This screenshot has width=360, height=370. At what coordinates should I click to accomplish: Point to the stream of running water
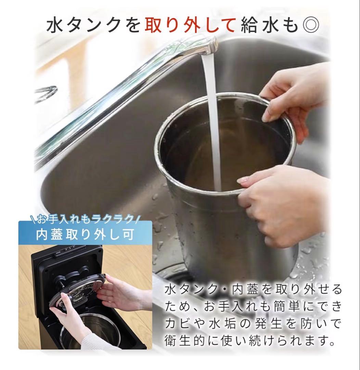[213, 120]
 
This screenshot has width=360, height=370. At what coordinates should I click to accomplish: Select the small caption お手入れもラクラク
[85, 218]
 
